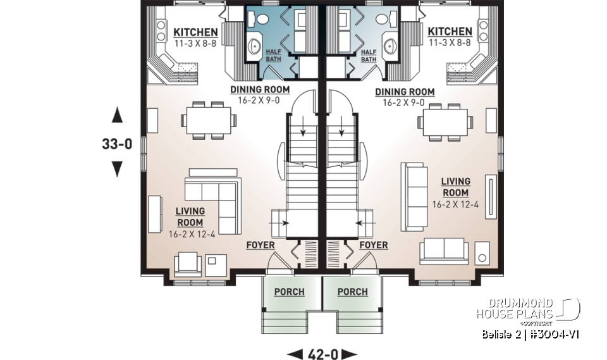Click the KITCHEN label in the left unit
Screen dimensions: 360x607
[x=195, y=32]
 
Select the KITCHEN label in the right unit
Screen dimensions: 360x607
[x=450, y=32]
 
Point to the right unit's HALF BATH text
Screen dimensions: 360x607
[x=368, y=54]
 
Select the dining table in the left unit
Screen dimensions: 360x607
[x=208, y=119]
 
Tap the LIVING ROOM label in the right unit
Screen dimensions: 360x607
[x=455, y=187]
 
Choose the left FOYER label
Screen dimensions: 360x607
[x=261, y=245]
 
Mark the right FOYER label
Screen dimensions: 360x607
[x=373, y=245]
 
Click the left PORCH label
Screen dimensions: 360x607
[x=289, y=292]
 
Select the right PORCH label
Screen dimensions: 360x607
[x=352, y=292]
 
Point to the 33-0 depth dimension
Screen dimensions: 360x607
[x=117, y=144]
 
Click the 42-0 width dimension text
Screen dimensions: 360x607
[x=322, y=353]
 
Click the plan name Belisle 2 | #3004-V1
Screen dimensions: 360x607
[x=529, y=334]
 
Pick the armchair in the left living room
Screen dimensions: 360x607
[x=188, y=264]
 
